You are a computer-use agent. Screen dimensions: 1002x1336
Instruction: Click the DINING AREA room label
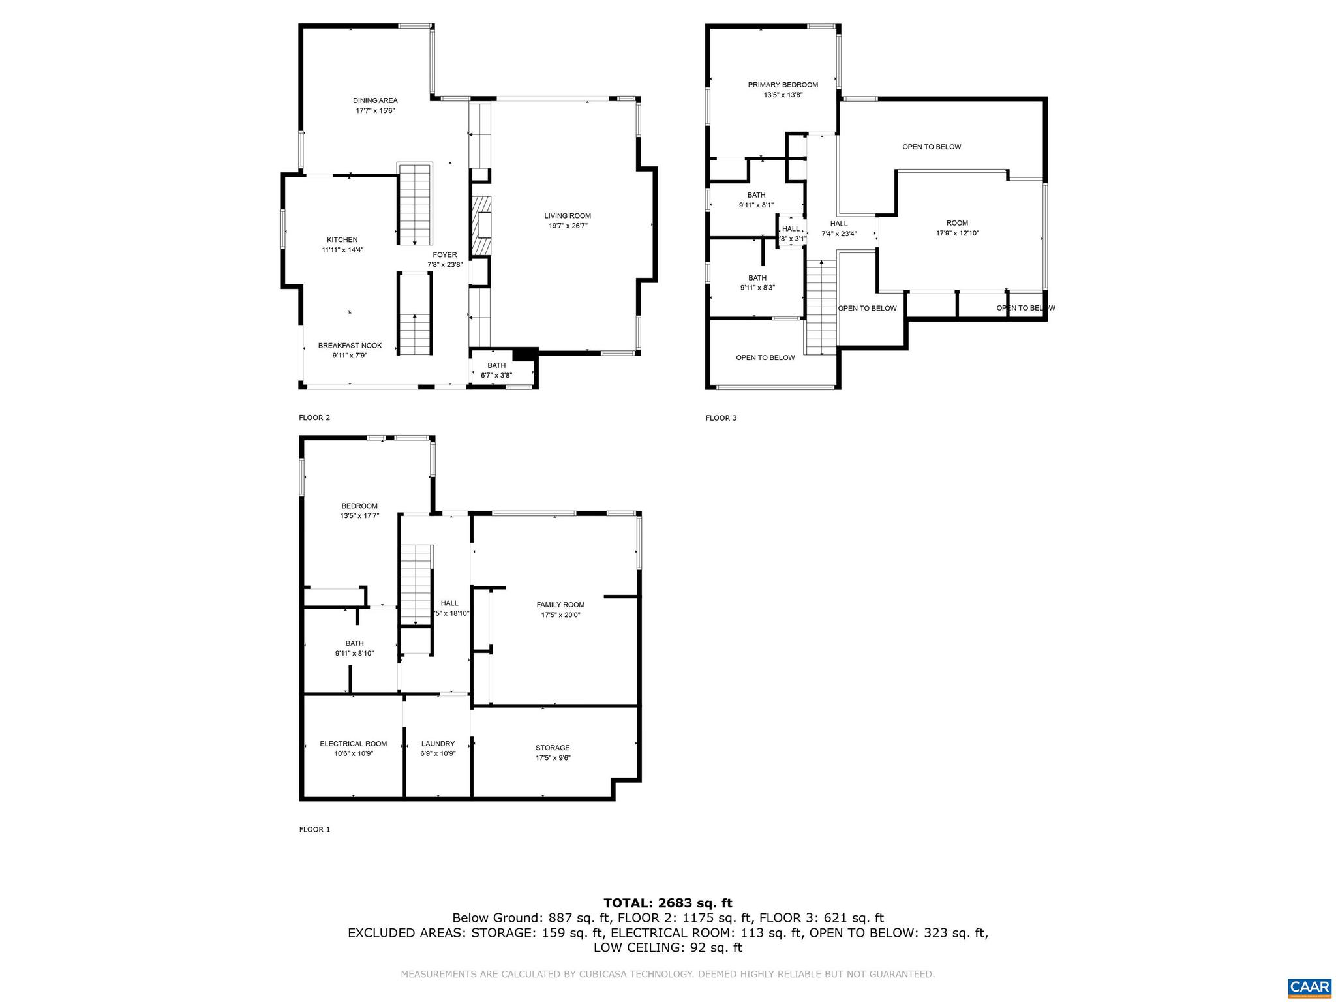375,100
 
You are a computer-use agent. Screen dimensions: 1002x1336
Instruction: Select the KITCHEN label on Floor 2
342,239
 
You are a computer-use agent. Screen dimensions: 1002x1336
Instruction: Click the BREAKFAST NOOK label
350,346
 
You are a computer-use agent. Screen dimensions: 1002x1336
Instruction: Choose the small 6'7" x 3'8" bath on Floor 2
496,371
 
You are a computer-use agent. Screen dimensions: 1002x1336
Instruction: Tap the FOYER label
445,254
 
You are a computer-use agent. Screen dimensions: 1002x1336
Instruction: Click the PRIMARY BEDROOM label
783,85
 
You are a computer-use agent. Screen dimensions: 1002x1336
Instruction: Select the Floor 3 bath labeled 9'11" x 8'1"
756,200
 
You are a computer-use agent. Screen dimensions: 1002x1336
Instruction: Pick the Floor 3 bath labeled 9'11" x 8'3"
757,282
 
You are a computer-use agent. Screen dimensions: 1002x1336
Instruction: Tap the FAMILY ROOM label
560,605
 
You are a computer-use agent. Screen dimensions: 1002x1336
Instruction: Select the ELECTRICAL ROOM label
353,744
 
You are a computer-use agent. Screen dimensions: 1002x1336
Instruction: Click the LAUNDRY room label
438,744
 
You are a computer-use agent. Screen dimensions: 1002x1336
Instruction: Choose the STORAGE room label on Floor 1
553,748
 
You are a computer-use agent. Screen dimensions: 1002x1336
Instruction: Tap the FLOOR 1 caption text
314,830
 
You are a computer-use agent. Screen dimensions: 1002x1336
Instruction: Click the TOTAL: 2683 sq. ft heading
667,903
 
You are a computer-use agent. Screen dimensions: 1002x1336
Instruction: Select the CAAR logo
1309,986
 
